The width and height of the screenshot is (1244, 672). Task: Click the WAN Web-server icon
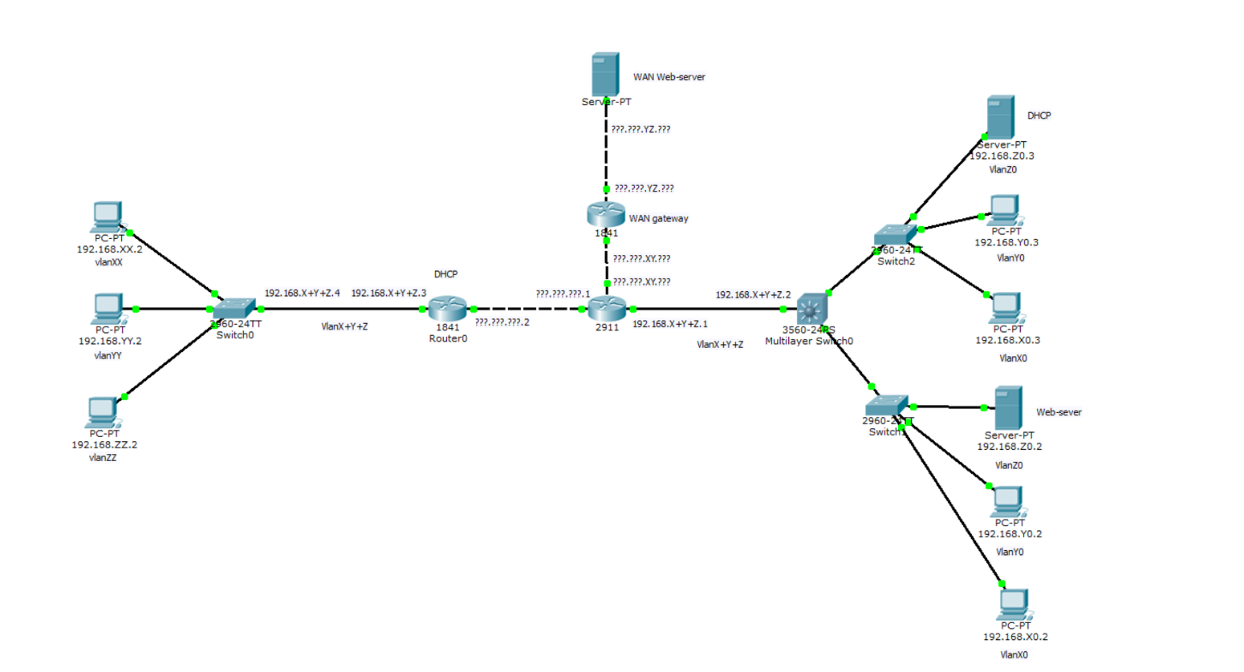tap(605, 74)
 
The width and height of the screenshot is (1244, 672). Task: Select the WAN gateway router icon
tap(606, 214)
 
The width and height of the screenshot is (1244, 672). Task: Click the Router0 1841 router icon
tap(447, 309)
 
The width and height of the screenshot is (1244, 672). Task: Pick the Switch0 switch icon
tap(234, 309)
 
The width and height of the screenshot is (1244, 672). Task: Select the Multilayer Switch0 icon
tap(811, 309)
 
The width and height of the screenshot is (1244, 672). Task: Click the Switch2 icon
tap(895, 235)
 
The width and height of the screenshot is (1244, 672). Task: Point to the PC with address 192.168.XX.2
tap(107, 217)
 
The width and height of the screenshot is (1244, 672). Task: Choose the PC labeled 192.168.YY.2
tap(108, 309)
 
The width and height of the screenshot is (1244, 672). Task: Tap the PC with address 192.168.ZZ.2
tap(103, 412)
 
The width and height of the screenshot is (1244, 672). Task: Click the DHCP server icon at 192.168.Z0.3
tap(1000, 117)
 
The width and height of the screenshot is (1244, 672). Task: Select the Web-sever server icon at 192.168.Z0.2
tap(1008, 408)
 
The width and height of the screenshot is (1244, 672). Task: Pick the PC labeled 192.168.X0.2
tap(1014, 604)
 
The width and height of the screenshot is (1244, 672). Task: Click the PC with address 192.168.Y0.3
tap(1004, 211)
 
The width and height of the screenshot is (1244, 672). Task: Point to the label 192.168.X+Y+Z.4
tap(303, 293)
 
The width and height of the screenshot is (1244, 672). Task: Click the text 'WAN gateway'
tap(658, 219)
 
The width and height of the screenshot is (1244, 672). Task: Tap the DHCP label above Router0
tap(445, 274)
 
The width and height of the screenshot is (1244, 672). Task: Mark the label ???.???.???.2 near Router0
tap(502, 322)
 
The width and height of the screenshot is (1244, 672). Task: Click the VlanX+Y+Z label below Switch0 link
tap(344, 327)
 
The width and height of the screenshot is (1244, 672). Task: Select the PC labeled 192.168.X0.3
tap(1006, 308)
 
